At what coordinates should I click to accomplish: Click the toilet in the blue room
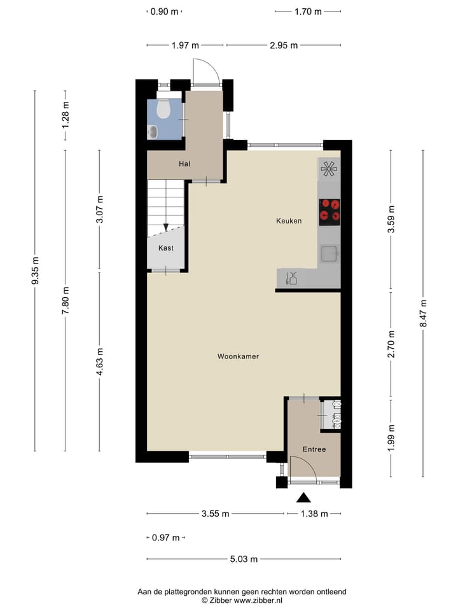point(163,109)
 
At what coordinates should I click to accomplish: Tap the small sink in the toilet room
point(153,132)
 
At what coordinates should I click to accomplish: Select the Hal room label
point(184,164)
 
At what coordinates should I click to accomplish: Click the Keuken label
point(289,221)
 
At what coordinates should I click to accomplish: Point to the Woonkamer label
point(238,356)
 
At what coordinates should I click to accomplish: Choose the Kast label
point(166,248)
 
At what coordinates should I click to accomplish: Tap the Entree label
point(314,449)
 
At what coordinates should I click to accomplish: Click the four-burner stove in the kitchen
point(329,211)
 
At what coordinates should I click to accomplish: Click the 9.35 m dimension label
point(35,270)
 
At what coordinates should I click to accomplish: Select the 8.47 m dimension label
point(423,313)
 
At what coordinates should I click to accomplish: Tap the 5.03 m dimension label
point(244,559)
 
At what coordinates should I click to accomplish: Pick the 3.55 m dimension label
point(215,514)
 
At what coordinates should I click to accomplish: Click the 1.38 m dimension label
point(314,514)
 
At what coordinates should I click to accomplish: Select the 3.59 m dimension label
point(391,220)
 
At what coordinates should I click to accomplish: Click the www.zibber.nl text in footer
point(258,600)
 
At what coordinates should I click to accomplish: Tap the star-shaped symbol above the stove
point(329,169)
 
